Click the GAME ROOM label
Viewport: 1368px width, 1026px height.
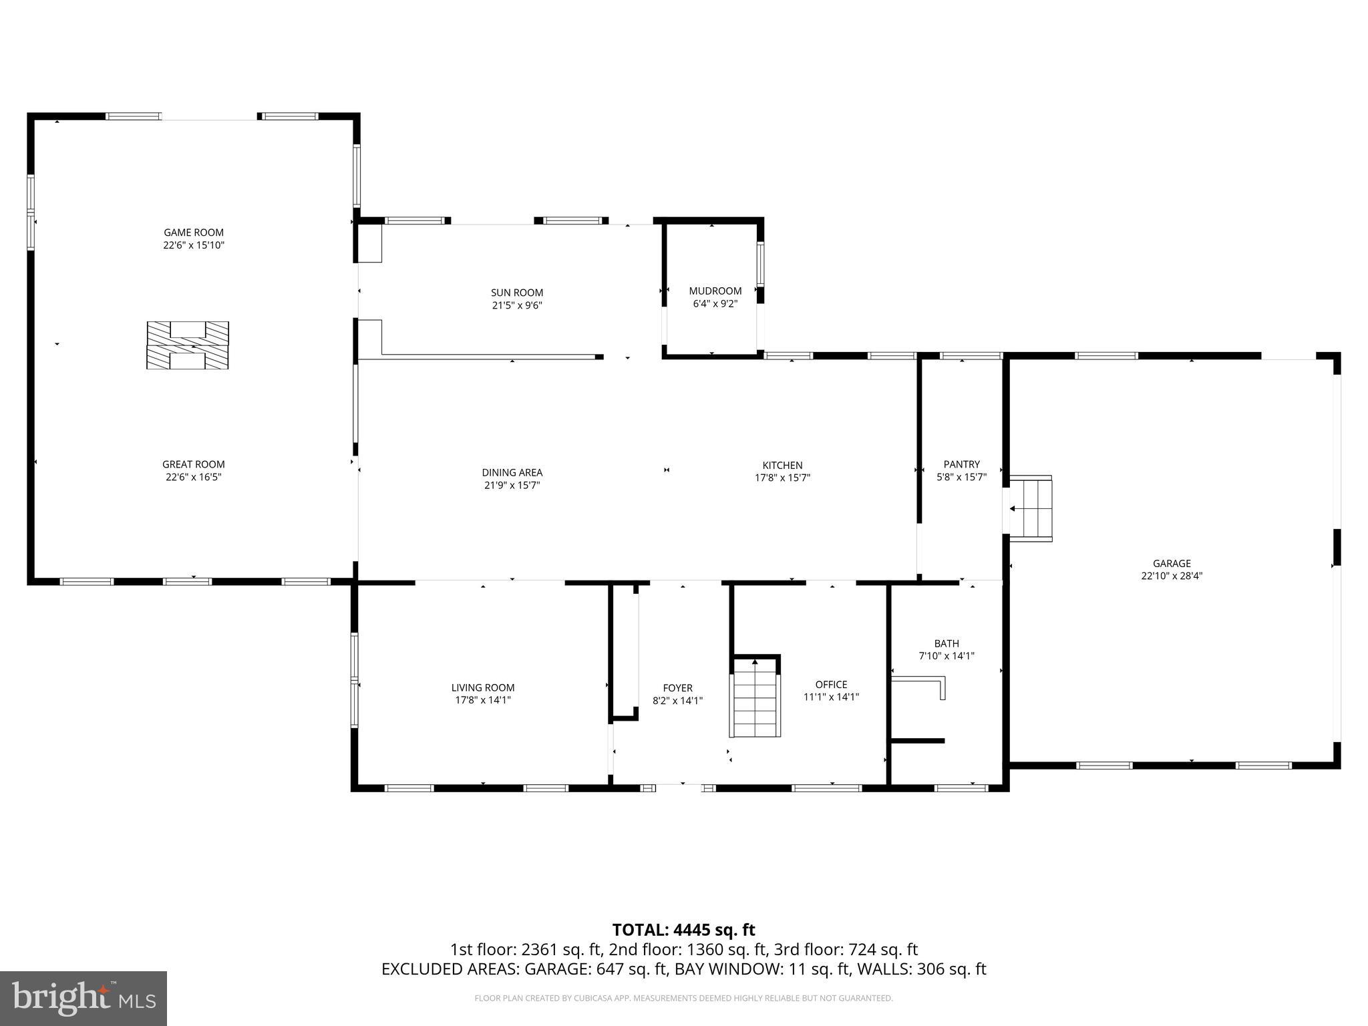pos(194,232)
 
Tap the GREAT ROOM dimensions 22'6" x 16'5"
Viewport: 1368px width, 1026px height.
pos(194,477)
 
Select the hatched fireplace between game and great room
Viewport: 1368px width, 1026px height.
pos(188,345)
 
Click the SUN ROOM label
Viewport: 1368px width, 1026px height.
pos(516,293)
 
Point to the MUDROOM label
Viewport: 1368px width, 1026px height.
pos(715,291)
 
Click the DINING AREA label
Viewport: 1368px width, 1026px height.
pos(512,473)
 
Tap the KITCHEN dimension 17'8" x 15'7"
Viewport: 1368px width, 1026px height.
pos(782,478)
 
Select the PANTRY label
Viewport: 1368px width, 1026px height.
pos(961,464)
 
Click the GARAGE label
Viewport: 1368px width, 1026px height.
pos(1171,563)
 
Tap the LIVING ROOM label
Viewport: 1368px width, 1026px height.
pos(482,687)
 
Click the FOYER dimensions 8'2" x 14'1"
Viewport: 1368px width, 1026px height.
pos(677,701)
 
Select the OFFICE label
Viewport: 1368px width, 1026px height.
pos(831,684)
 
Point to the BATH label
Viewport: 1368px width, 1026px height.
pos(947,643)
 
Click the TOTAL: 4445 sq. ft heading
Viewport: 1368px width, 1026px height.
pos(683,930)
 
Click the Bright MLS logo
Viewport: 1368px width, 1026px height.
pos(83,998)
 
